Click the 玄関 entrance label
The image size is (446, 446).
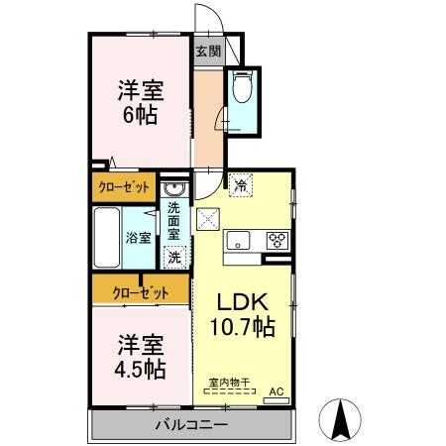click(207, 52)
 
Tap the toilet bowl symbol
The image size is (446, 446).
click(242, 91)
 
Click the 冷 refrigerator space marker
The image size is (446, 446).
click(241, 183)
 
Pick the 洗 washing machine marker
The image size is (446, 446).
click(174, 256)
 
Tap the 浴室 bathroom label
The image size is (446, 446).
click(138, 238)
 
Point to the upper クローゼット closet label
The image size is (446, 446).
click(124, 186)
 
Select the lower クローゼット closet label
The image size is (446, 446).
click(139, 291)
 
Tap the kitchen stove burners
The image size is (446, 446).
click(277, 240)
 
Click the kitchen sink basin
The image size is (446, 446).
click(240, 240)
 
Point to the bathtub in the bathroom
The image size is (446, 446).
click(106, 238)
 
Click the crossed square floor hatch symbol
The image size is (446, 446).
click(208, 220)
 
